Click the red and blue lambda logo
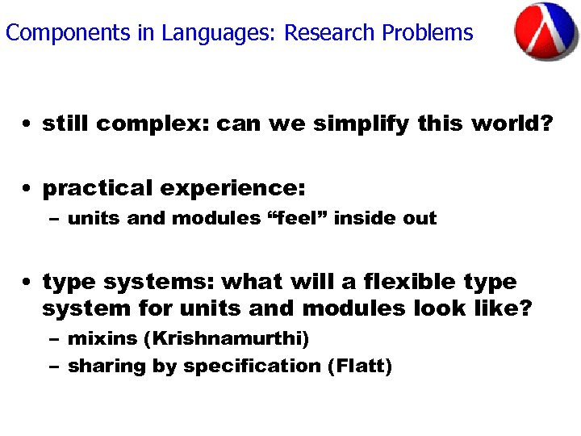545,31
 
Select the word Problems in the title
428,33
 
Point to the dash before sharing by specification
54,367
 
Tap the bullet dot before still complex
28,125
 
